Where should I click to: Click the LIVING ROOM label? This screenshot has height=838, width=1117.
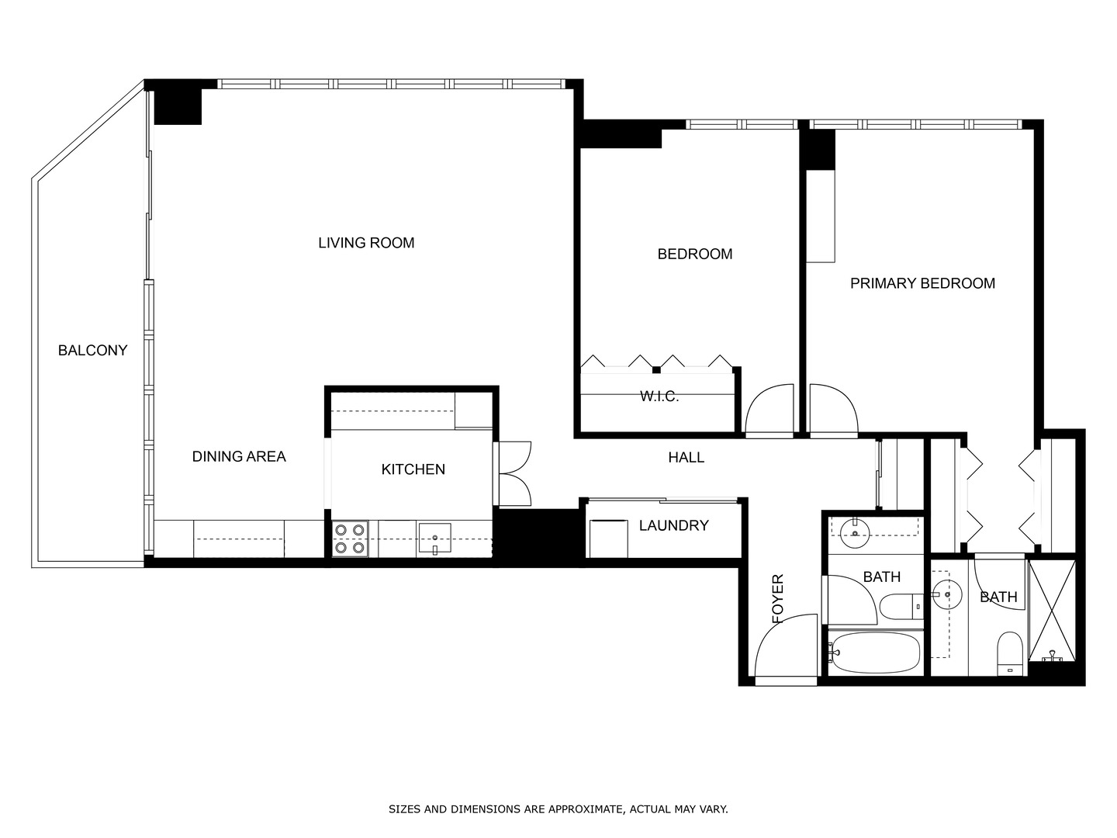pyautogui.click(x=366, y=243)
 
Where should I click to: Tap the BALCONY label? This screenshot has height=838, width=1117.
pyautogui.click(x=92, y=351)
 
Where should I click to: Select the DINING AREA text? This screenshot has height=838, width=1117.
pyautogui.click(x=239, y=457)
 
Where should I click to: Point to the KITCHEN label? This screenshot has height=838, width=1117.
pyautogui.click(x=413, y=469)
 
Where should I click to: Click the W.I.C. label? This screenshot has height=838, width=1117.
pyautogui.click(x=659, y=396)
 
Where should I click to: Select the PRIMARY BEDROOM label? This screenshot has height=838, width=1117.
pyautogui.click(x=922, y=284)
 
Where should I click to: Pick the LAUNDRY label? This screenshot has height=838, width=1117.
pyautogui.click(x=673, y=526)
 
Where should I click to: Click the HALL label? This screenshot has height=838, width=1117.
pyautogui.click(x=686, y=458)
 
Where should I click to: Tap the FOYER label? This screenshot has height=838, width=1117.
pyautogui.click(x=778, y=599)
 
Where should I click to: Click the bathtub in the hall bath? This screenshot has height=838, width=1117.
pyautogui.click(x=874, y=653)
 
